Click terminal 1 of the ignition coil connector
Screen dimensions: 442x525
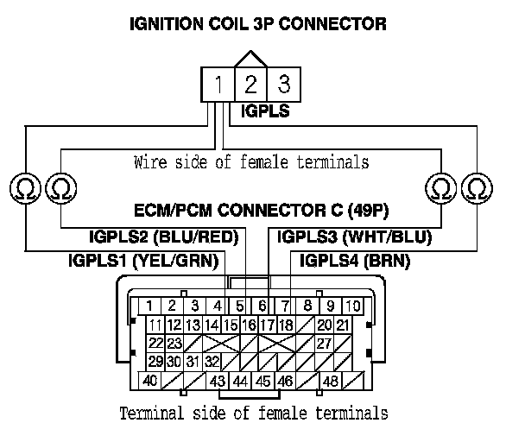pyautogui.click(x=219, y=85)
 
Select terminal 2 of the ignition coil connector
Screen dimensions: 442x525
pyautogui.click(x=250, y=85)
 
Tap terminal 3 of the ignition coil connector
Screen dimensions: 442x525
pyautogui.click(x=281, y=85)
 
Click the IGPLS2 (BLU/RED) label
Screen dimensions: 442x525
pyautogui.click(x=164, y=237)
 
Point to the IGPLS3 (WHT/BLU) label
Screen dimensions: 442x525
pyautogui.click(x=355, y=237)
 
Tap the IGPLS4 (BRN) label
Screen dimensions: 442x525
pyautogui.click(x=354, y=259)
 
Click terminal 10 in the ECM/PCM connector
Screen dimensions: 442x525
pyautogui.click(x=352, y=306)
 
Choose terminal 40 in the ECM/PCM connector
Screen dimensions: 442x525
pyautogui.click(x=150, y=380)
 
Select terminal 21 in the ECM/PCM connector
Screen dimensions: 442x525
pyautogui.click(x=343, y=325)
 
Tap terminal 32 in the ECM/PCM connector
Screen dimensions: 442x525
pyautogui.click(x=212, y=361)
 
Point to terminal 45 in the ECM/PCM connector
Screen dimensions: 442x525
pyautogui.click(x=262, y=380)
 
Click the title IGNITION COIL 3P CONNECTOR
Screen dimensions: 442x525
pyautogui.click(x=257, y=24)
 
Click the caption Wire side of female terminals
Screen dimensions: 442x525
pyautogui.click(x=252, y=161)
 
